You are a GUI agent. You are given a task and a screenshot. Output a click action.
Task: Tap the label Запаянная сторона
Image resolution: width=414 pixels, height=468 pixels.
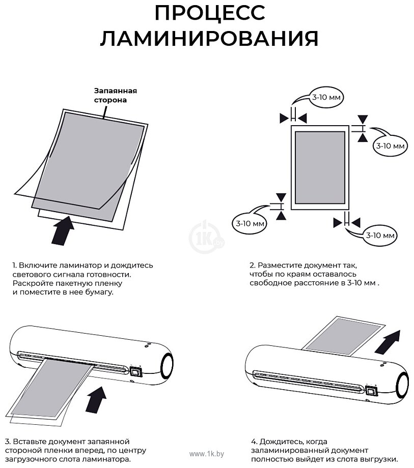(x=116, y=95)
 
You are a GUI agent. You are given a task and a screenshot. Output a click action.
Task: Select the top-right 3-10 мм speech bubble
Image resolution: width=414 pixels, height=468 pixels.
(x=390, y=145)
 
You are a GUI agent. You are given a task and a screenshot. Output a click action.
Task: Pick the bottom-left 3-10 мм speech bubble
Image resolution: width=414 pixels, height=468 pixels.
(x=250, y=223)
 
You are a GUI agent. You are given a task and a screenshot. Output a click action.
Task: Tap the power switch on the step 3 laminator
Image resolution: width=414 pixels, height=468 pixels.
(x=135, y=371)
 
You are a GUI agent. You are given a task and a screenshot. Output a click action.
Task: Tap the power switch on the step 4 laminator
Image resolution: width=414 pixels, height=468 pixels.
(x=370, y=391)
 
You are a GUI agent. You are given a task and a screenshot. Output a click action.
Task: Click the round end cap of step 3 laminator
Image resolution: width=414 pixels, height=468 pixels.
(x=167, y=365)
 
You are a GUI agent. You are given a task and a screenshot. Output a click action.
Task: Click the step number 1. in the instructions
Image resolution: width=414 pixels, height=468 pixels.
(x=15, y=265)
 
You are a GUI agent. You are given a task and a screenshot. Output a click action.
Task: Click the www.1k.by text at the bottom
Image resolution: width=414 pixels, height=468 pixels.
(x=206, y=453)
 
